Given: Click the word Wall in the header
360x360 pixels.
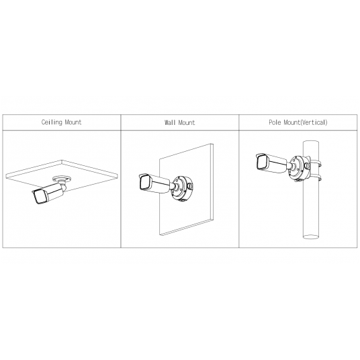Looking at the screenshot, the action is [170, 123].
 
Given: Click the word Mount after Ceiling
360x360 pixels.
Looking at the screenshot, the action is [73, 122].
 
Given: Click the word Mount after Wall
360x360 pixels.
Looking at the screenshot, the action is [187, 123].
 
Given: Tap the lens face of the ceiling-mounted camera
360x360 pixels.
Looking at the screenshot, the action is [40, 197].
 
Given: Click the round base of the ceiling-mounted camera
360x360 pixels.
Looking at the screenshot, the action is [61, 178].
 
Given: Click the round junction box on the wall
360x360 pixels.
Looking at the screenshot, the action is [183, 189].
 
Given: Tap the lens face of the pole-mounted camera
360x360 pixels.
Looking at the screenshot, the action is [261, 163].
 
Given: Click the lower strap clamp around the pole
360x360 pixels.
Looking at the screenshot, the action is [315, 177].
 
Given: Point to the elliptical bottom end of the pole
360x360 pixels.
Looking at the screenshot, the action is [311, 236].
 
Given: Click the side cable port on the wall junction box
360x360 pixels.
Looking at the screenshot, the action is [191, 185].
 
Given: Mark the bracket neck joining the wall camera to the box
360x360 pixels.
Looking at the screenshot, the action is [173, 186].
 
